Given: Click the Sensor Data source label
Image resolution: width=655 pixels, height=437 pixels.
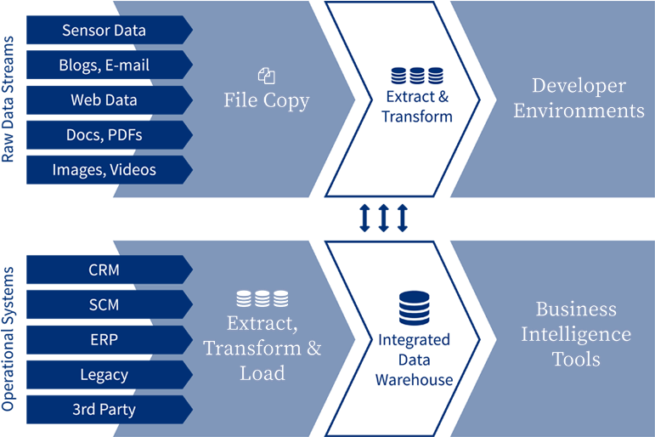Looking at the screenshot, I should pyautogui.click(x=104, y=31).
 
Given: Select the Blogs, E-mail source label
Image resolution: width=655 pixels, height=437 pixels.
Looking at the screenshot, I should pyautogui.click(x=104, y=65).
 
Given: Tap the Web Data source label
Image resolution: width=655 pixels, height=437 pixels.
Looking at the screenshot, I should pyautogui.click(x=104, y=99).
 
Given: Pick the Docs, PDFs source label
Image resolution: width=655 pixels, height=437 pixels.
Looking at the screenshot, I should pyautogui.click(x=104, y=134).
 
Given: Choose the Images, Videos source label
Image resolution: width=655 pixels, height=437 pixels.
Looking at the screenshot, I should pyautogui.click(x=104, y=169).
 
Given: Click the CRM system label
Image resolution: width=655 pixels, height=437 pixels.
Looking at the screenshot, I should pyautogui.click(x=104, y=270).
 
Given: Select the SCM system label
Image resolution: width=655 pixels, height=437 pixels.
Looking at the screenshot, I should pyautogui.click(x=104, y=304).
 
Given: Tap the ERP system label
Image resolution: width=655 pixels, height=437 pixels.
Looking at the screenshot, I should pyautogui.click(x=104, y=339).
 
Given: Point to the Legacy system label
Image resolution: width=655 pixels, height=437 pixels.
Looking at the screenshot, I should pyautogui.click(x=104, y=374).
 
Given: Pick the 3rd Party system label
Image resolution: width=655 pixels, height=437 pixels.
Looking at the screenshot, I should pyautogui.click(x=104, y=409).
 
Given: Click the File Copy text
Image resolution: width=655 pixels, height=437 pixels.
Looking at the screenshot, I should pyautogui.click(x=266, y=100).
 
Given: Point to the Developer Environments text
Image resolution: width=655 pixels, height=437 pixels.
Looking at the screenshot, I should pyautogui.click(x=579, y=98).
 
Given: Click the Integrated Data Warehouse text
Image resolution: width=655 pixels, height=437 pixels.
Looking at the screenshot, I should pyautogui.click(x=414, y=360).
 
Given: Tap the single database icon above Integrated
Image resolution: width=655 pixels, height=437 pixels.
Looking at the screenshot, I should pyautogui.click(x=414, y=308).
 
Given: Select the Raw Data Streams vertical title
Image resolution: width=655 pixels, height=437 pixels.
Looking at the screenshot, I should pyautogui.click(x=9, y=99).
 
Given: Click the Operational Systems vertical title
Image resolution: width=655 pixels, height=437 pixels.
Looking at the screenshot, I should pyautogui.click(x=9, y=339).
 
